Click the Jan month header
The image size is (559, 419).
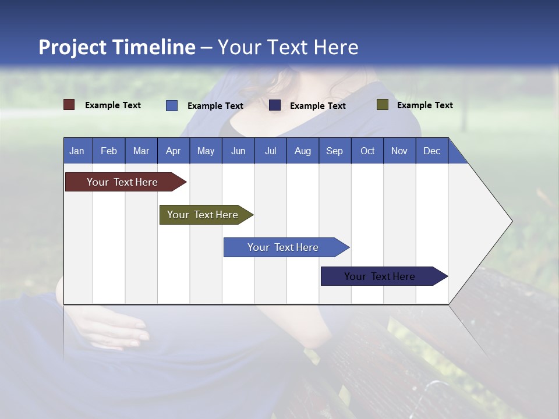77,151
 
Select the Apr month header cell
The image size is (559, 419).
174,151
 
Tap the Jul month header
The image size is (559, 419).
270,151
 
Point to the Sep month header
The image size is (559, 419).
335,151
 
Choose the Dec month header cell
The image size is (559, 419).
431,151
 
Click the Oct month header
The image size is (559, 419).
367,151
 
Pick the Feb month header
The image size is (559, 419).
109,151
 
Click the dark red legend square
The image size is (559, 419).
69,105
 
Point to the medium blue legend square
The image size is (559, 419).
172,105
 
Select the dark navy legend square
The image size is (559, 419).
275,105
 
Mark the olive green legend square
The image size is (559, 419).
382,105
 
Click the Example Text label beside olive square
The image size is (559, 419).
424,105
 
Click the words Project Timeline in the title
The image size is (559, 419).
116,47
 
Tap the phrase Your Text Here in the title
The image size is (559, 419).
288,47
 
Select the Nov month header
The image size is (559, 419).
399,151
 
